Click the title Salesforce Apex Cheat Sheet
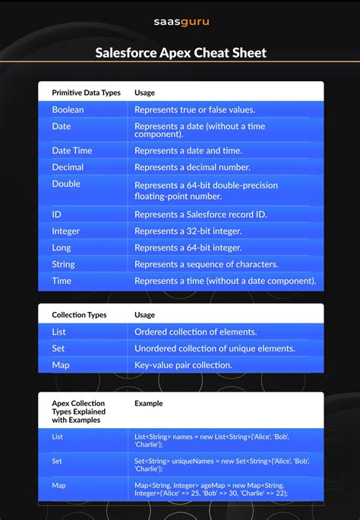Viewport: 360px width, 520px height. point(180,53)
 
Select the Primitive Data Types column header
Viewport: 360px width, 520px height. point(86,93)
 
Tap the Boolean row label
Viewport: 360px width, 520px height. point(68,109)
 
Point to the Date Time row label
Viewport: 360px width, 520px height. point(71,150)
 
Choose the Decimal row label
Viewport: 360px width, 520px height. point(68,167)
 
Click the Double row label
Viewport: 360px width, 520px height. point(66,184)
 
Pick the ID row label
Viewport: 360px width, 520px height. point(57,215)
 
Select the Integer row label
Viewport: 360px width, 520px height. point(65,231)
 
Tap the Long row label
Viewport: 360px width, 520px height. point(63,247)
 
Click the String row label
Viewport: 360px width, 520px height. point(63,264)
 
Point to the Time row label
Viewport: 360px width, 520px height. point(62,281)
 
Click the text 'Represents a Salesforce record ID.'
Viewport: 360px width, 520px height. point(202,215)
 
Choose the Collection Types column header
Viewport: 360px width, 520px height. point(79,314)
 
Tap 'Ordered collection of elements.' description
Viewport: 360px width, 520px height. point(195,332)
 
